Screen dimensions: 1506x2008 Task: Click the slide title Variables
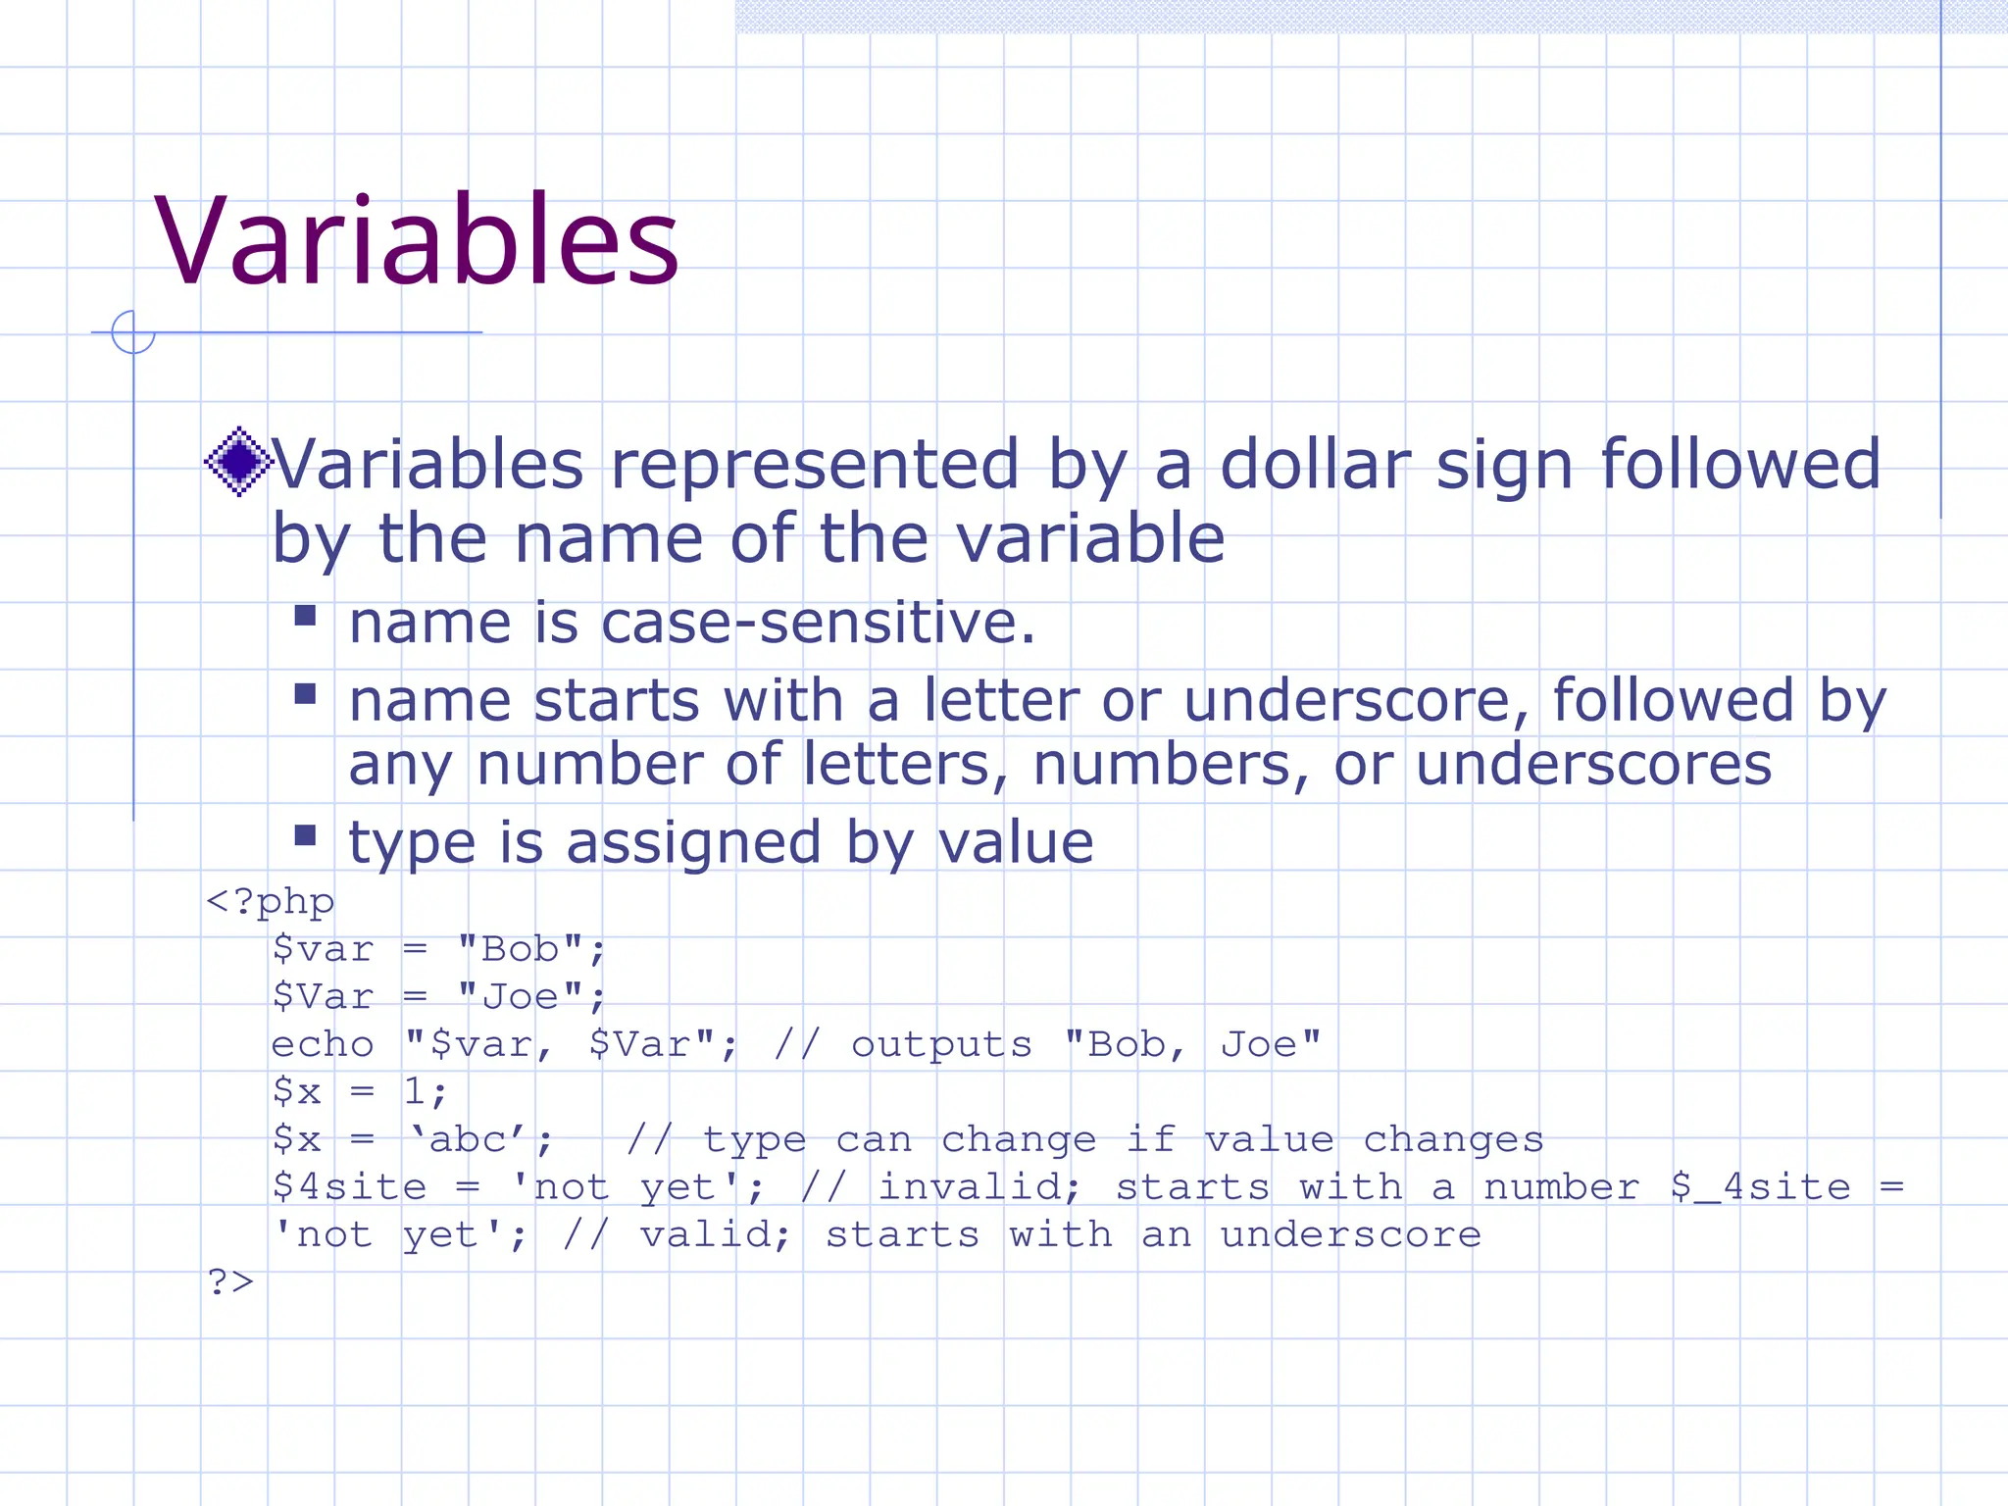click(417, 241)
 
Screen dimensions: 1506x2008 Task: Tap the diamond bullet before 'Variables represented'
click(237, 461)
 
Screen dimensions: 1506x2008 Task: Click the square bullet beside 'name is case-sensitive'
click(305, 615)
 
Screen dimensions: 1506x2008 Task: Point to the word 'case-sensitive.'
click(818, 623)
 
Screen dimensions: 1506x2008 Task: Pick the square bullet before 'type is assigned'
click(305, 835)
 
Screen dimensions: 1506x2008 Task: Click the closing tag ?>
click(230, 1281)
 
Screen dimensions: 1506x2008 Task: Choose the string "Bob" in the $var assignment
click(520, 949)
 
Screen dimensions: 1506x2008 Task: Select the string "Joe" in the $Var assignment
click(520, 997)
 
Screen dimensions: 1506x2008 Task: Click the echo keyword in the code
click(322, 1044)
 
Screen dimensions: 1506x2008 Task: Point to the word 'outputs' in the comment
click(941, 1044)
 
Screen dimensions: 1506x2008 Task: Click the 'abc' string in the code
click(469, 1139)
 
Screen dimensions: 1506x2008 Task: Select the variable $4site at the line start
click(349, 1187)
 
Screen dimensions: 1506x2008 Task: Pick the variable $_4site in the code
click(1760, 1187)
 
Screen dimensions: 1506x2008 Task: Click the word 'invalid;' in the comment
click(979, 1187)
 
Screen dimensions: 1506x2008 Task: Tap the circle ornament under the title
click(133, 332)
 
